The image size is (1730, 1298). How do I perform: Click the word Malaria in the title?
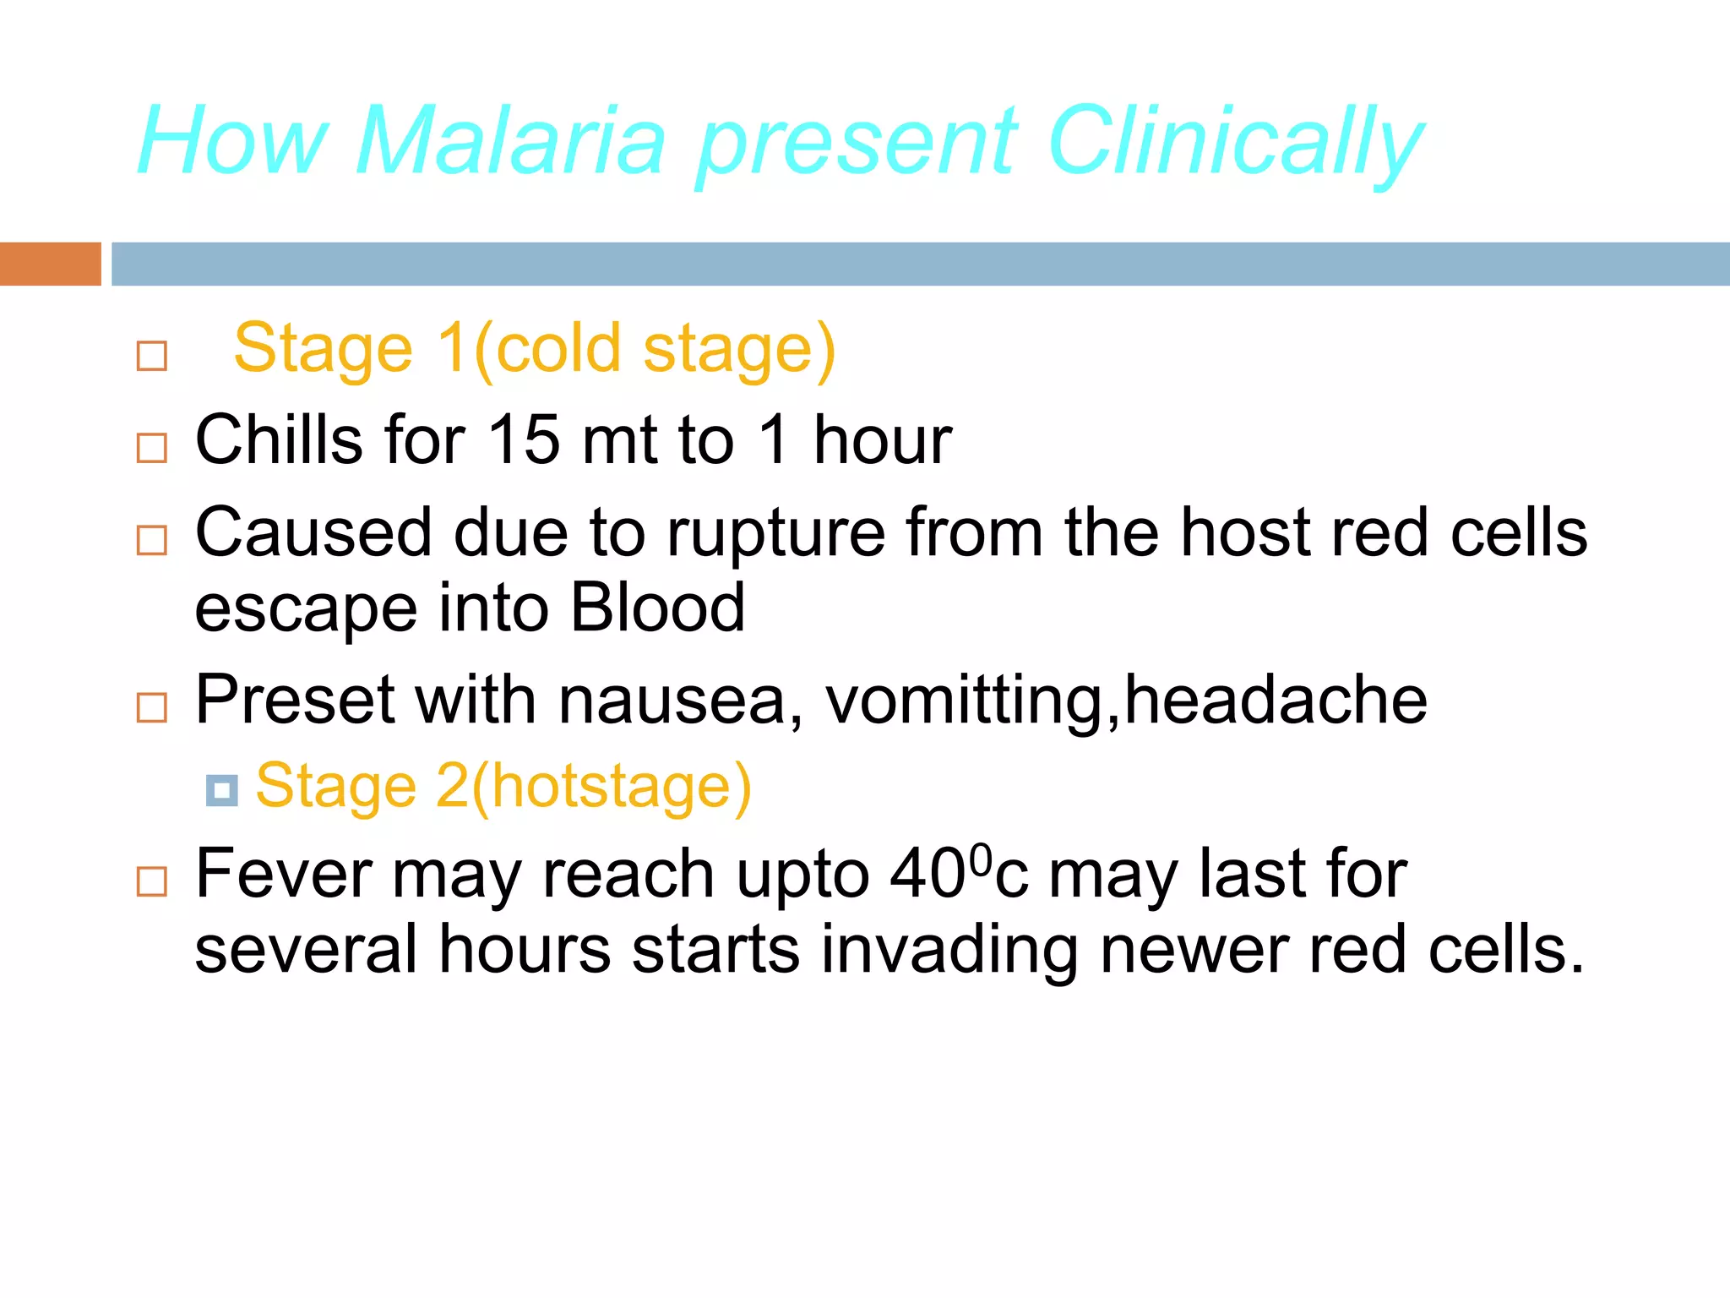click(510, 141)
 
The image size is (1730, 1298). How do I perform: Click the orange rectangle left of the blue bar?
click(50, 264)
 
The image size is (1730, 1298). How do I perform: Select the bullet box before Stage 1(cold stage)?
click(152, 356)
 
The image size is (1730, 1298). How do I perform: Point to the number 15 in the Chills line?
click(525, 440)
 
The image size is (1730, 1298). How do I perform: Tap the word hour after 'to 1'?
click(882, 440)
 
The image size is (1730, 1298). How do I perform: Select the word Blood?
click(657, 608)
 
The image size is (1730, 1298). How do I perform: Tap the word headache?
click(1276, 701)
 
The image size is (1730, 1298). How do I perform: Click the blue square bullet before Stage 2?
click(222, 791)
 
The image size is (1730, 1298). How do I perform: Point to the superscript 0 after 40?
click(980, 859)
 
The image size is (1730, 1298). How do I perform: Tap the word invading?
click(949, 950)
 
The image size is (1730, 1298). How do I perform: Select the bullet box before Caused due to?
click(152, 540)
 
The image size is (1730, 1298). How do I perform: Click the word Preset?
click(295, 701)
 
